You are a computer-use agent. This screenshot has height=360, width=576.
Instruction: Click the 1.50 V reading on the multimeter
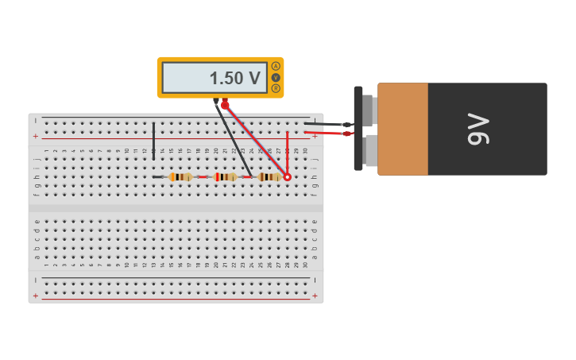tap(234, 78)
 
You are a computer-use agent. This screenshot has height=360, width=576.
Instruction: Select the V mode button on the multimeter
tap(276, 77)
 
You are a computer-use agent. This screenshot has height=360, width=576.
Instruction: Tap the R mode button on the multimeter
tap(276, 88)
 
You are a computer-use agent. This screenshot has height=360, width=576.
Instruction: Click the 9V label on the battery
tap(478, 129)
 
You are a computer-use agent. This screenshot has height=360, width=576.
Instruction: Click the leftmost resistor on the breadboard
tap(182, 177)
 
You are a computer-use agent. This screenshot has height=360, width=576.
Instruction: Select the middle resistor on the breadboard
tap(227, 177)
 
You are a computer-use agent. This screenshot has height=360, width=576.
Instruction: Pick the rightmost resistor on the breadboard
tap(272, 177)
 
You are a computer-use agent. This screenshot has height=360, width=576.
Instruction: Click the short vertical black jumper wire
tap(153, 141)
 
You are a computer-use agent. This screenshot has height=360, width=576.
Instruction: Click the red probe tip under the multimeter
tap(226, 104)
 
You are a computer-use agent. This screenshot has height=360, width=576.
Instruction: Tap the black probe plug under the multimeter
tap(216, 102)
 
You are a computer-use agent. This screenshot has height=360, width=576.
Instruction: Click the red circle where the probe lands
tap(288, 177)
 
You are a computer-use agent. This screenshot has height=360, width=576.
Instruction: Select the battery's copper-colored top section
tap(403, 129)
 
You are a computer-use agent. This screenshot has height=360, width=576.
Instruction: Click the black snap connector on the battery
tap(358, 129)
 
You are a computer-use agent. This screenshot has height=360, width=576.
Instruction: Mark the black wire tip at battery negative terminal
tap(346, 124)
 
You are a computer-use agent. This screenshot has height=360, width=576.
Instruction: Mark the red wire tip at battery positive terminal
tap(348, 134)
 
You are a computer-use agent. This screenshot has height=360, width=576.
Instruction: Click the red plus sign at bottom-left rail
tap(35, 296)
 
